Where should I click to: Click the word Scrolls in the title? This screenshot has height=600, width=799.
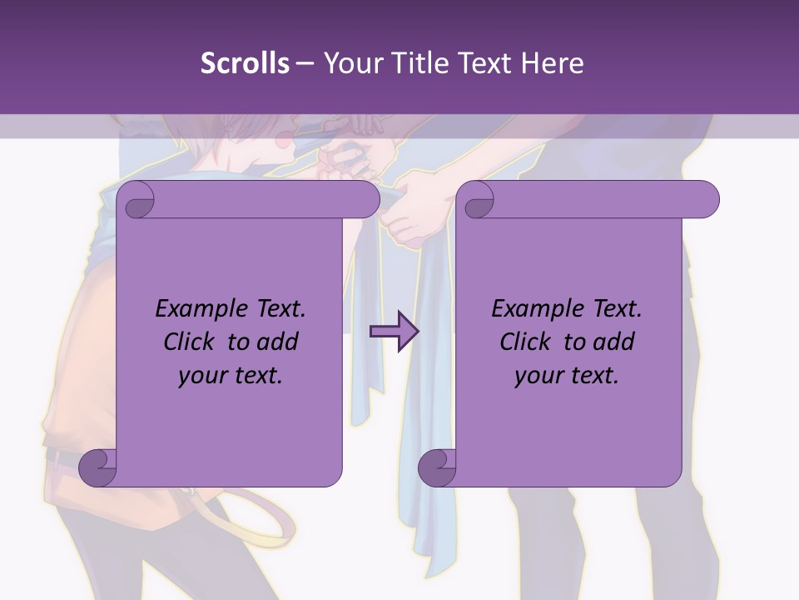pyautogui.click(x=245, y=63)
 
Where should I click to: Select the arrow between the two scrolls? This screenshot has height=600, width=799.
pyautogui.click(x=394, y=331)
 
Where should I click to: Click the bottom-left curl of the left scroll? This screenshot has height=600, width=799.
pyautogui.click(x=97, y=467)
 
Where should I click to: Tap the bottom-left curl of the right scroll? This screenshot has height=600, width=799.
pyautogui.click(x=437, y=467)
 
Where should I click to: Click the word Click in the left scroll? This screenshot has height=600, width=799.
pyautogui.click(x=190, y=342)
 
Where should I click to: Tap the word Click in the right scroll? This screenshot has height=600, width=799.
pyautogui.click(x=526, y=342)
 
